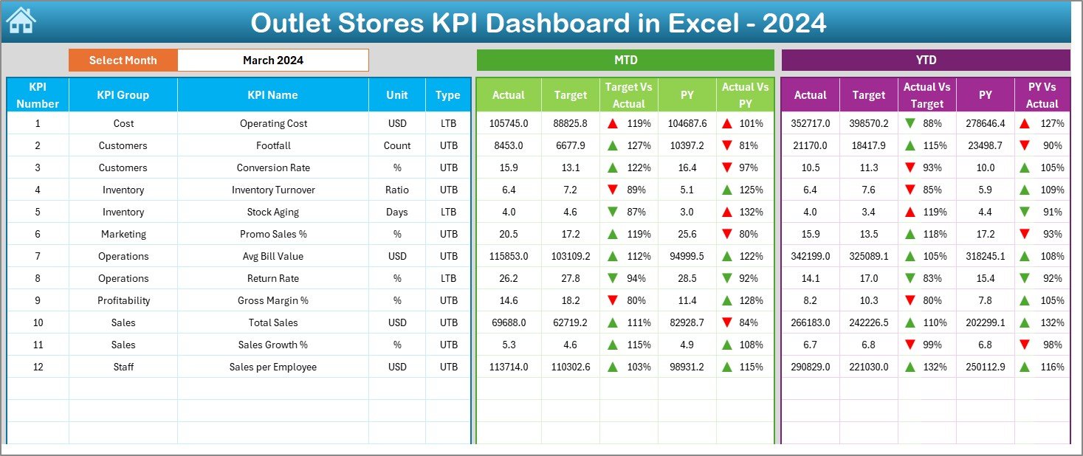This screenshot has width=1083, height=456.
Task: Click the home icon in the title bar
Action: tap(21, 21)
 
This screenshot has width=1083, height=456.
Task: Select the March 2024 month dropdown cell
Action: tap(273, 61)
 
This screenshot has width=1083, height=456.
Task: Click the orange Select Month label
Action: tap(123, 61)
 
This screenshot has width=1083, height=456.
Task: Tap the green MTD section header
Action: tap(625, 61)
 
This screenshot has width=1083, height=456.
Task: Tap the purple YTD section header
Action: tap(925, 61)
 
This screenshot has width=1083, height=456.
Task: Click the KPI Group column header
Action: tap(123, 94)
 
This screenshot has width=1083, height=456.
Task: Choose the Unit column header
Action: tap(397, 94)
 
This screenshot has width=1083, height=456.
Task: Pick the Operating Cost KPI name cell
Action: tap(273, 123)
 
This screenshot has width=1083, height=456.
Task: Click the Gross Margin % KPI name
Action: tap(273, 300)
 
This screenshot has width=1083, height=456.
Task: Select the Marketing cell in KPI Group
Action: tap(123, 234)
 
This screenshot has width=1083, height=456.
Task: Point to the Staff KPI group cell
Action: tap(123, 367)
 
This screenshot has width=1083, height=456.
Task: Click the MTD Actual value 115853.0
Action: tap(509, 256)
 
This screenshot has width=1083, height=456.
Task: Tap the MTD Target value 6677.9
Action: tap(571, 145)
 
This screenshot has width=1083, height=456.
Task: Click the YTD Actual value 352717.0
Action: tap(810, 123)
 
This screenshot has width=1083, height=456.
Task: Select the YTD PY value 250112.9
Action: tap(985, 367)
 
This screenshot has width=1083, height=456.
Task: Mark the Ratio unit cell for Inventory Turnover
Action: tap(397, 190)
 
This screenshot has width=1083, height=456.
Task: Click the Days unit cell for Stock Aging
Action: tap(397, 212)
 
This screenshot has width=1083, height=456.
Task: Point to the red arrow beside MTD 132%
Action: tap(727, 212)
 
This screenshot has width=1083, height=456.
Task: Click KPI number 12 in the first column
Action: tap(38, 367)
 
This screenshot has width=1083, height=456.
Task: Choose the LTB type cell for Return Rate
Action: tap(448, 278)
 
